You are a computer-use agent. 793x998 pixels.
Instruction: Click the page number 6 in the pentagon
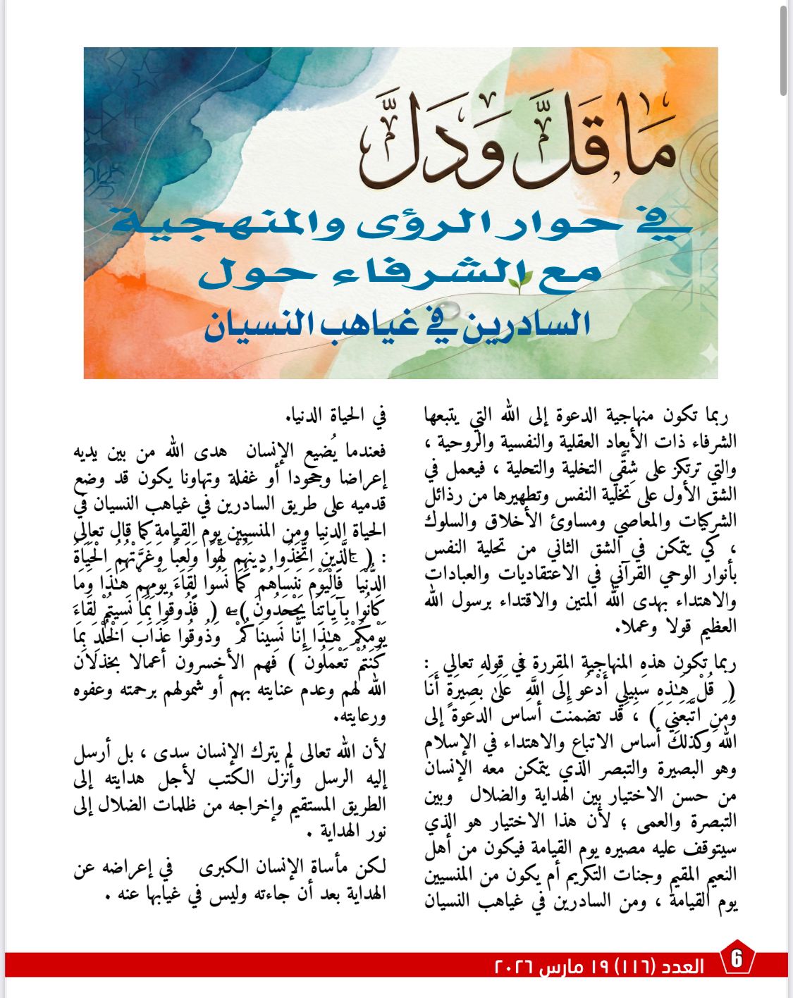tap(737, 959)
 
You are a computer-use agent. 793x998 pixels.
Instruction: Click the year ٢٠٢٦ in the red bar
tap(513, 966)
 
